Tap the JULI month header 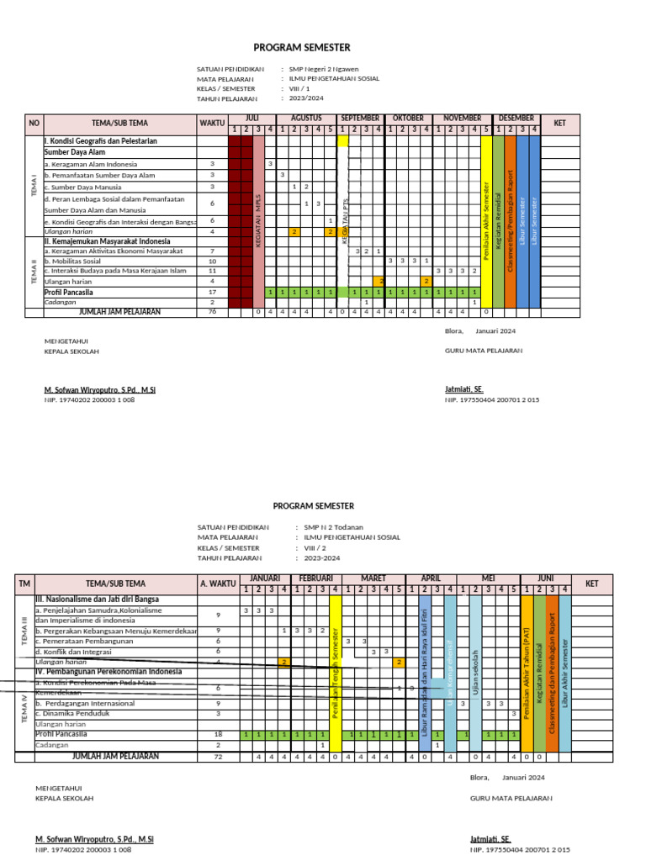[x=252, y=119]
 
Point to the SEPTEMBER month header [x=360, y=119]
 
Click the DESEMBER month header [x=516, y=119]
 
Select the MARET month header [x=373, y=578]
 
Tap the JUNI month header [x=545, y=578]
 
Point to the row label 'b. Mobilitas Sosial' [x=77, y=261]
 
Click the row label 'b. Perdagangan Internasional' [x=85, y=703]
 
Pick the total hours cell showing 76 [x=212, y=312]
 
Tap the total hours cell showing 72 [x=218, y=757]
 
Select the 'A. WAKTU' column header [x=218, y=584]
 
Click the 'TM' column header [x=24, y=584]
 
